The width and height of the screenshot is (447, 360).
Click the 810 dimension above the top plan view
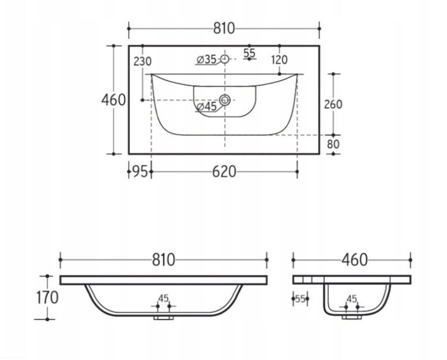pyautogui.click(x=224, y=28)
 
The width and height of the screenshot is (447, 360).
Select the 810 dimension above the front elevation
pyautogui.click(x=163, y=260)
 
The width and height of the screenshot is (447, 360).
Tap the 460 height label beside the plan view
pyautogui.click(x=113, y=100)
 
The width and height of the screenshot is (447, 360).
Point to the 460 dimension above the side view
pyautogui.click(x=355, y=260)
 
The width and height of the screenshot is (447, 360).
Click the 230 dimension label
pyautogui.click(x=142, y=61)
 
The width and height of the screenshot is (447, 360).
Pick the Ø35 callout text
pyautogui.click(x=207, y=59)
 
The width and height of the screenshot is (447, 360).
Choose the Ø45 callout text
pyautogui.click(x=207, y=107)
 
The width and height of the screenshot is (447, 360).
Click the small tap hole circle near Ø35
pyautogui.click(x=225, y=59)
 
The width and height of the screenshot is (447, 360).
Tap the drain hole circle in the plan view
pyautogui.click(x=225, y=100)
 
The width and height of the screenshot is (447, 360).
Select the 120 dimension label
pyautogui.click(x=280, y=60)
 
